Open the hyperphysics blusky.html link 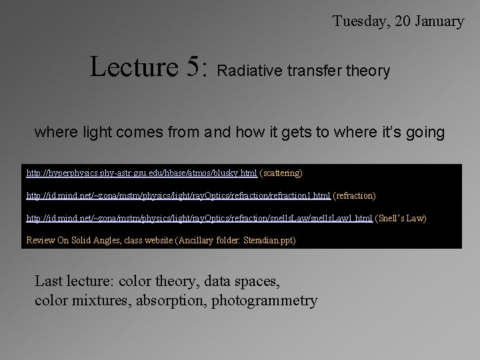141,173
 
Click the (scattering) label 281,173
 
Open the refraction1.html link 178,196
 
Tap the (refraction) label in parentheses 354,196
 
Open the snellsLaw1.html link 199,218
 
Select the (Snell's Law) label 401,218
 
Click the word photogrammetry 265,300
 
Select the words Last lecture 73,281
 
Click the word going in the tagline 425,133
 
